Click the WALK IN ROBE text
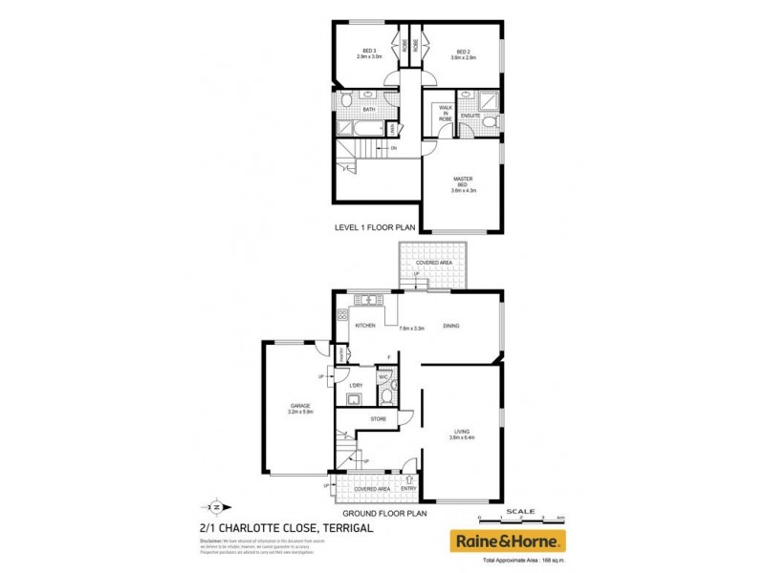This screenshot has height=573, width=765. click(445, 114)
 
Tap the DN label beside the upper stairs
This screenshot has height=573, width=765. click(393, 148)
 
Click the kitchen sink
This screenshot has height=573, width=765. click(364, 302)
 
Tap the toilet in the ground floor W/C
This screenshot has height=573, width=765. click(394, 393)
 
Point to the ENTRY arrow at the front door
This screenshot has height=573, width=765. click(410, 478)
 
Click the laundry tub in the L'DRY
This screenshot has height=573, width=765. click(354, 399)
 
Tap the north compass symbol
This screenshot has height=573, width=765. click(216, 507)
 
